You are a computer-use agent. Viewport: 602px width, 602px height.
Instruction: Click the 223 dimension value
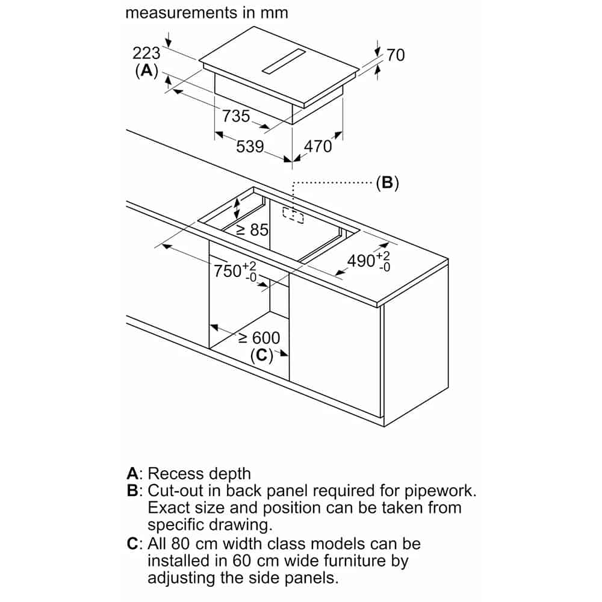tap(146, 52)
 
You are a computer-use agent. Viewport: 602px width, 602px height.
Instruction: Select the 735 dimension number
tap(236, 115)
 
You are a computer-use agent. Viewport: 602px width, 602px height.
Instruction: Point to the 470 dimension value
tap(318, 146)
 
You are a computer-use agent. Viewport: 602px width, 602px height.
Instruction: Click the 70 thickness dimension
tap(396, 55)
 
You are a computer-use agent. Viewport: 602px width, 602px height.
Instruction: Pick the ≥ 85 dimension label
tap(252, 229)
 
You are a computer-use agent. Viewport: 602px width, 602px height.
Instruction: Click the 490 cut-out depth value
tap(362, 261)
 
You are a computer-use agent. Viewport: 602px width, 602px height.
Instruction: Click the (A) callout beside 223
tap(146, 70)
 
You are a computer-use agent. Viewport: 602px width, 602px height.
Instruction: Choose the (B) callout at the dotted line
tap(387, 182)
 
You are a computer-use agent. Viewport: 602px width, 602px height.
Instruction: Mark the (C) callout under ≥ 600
tap(261, 355)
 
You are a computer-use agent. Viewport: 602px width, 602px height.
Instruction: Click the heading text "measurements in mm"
tap(206, 13)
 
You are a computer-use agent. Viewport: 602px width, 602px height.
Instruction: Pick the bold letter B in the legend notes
tap(134, 490)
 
